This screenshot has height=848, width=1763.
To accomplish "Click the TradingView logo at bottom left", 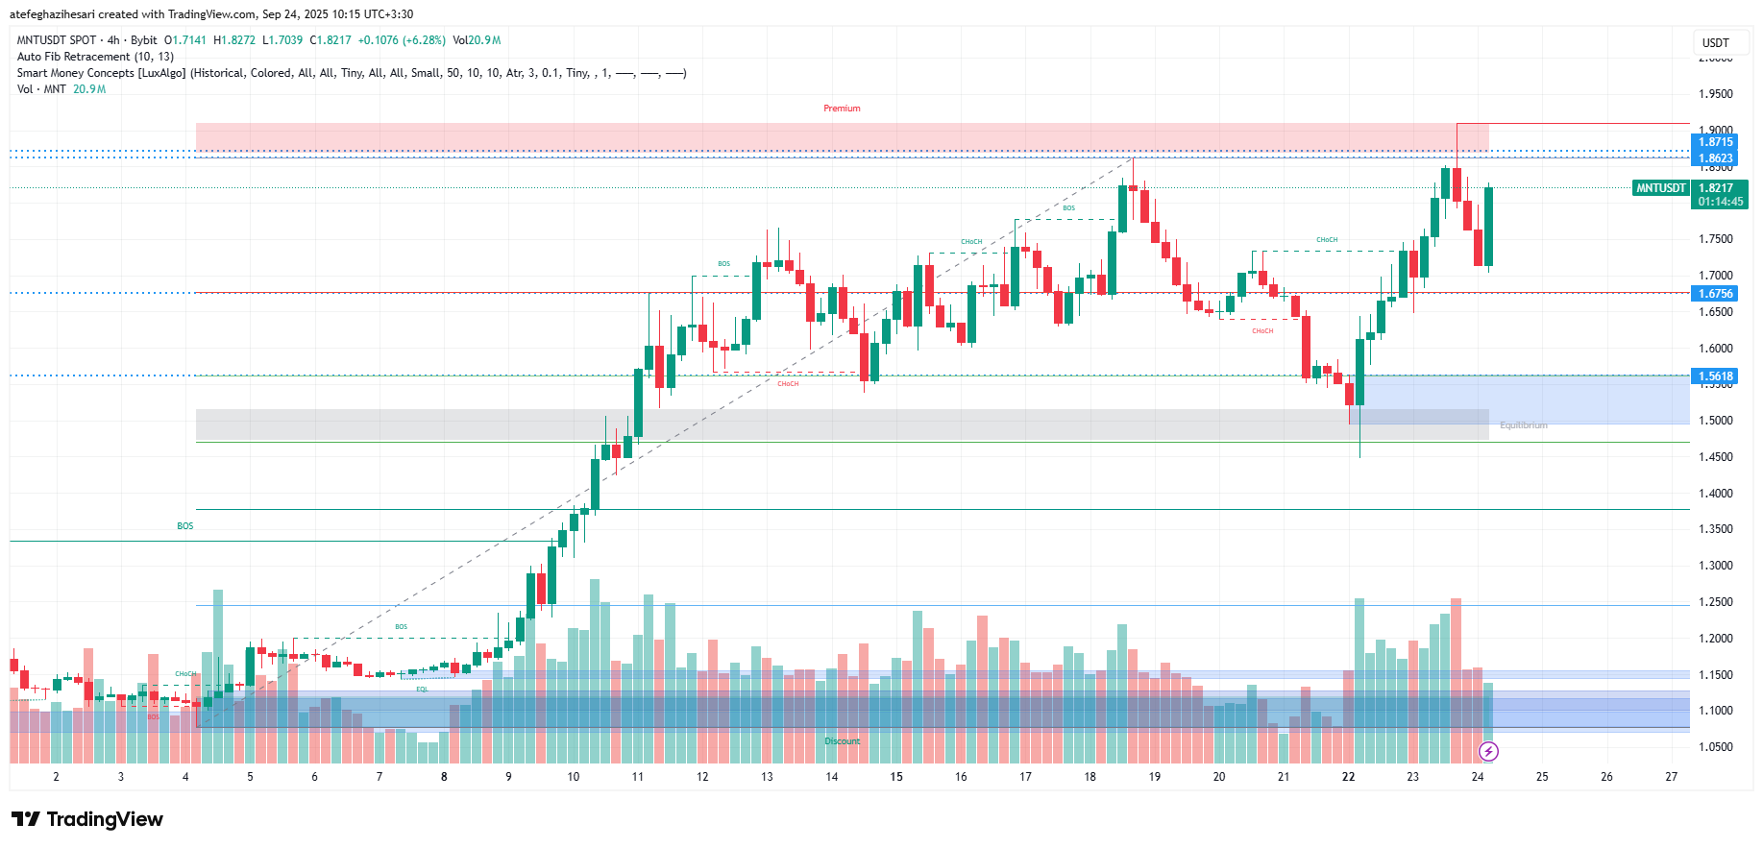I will (87, 819).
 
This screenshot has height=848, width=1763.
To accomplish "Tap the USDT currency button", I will (1715, 42).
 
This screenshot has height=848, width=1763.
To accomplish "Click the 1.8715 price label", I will (1715, 142).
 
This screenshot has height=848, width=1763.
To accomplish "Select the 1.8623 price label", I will (1715, 158).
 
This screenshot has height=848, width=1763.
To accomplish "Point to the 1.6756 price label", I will (1715, 294).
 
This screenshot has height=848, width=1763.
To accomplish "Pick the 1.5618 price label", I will (1715, 376).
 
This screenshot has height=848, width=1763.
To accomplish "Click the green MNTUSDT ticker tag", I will (1661, 188).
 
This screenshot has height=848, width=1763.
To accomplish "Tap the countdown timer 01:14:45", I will (1720, 202).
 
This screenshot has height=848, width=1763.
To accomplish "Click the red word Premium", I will (842, 109).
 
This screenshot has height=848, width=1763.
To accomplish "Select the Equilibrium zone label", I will (1523, 425).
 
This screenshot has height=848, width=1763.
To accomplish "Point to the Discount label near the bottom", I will (843, 741).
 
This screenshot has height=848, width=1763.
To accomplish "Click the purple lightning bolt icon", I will (1488, 751).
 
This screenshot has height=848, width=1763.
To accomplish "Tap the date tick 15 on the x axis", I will (896, 777).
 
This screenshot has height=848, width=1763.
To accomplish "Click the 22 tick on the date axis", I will (1348, 777).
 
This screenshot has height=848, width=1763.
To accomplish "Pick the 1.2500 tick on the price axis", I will (1715, 602).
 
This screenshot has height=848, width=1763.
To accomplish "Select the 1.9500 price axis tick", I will (1715, 94).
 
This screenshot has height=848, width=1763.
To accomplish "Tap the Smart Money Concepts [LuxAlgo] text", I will (101, 73).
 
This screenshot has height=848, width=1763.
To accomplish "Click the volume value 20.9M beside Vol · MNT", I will (89, 89).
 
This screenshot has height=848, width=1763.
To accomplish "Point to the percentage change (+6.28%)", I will (425, 40).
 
